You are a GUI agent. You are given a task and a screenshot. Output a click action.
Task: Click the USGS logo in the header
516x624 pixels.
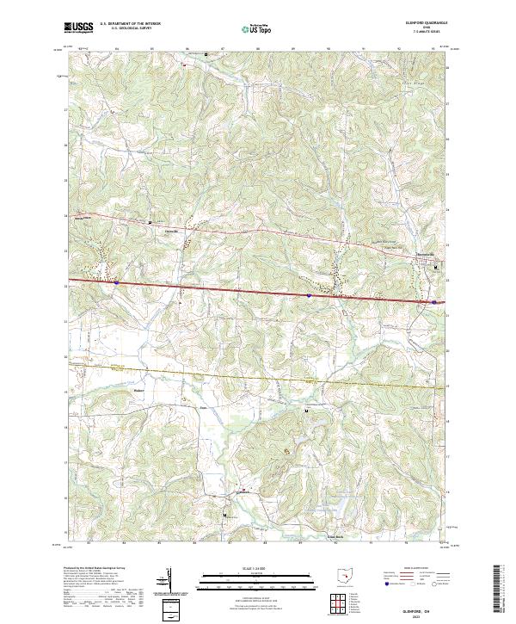78,28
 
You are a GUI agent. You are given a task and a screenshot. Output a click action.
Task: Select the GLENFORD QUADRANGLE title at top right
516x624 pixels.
427,23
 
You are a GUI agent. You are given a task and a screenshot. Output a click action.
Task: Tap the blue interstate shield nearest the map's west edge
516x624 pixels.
115,281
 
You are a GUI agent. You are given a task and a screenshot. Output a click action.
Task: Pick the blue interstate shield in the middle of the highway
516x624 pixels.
308,294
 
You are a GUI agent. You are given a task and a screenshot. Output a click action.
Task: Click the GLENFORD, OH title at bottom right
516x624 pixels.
428,608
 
